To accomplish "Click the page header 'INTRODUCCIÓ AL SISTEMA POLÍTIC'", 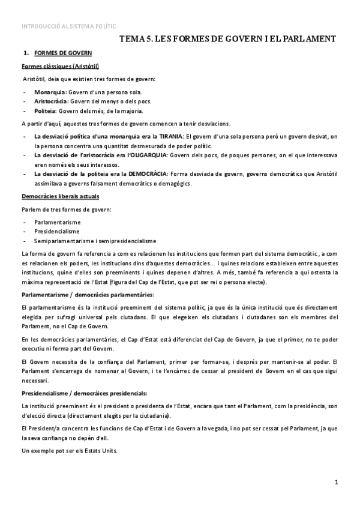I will coord(68,26).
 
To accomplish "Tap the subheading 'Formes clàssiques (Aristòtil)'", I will coord(60,66).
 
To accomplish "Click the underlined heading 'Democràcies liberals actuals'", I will coord(60,197).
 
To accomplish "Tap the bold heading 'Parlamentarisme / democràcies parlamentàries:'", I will coord(88,295).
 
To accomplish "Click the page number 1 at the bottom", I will coord(337,482).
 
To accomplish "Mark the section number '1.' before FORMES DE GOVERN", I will coord(26,53).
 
